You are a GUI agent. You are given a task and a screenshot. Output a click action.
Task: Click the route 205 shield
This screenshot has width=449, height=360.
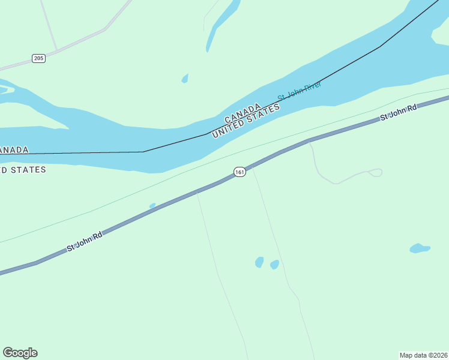click(x=39, y=58)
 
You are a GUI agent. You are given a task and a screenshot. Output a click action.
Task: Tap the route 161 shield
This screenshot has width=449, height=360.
click(x=240, y=172)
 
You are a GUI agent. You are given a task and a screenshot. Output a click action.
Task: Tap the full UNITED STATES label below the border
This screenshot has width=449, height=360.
click(x=246, y=121)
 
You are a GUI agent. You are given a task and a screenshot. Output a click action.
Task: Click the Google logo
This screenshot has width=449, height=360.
click(x=20, y=353)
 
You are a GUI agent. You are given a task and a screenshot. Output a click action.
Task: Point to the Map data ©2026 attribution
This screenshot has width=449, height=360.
click(x=424, y=355)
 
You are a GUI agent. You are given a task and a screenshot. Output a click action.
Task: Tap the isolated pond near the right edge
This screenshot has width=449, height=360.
click(x=419, y=248)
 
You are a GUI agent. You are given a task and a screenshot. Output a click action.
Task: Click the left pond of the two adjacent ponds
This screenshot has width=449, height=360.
click(x=259, y=262)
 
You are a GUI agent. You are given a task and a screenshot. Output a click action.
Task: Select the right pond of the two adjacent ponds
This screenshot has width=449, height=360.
click(x=274, y=264)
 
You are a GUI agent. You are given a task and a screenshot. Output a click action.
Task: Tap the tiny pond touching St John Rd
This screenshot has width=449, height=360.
click(x=152, y=206)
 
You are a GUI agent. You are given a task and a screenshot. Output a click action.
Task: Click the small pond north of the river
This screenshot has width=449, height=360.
click(x=185, y=79)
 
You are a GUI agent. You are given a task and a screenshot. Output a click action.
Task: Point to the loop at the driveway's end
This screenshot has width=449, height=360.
click(x=376, y=173)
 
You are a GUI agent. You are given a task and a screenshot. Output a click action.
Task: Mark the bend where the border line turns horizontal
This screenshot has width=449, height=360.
click(x=143, y=151)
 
